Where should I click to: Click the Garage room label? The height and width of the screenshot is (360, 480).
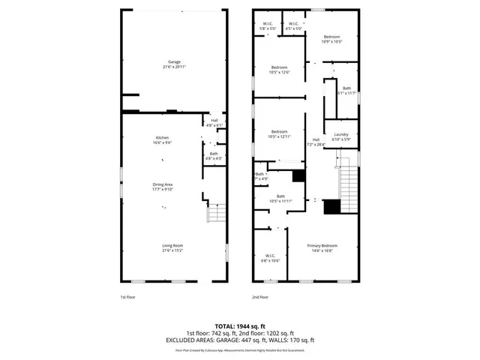click(174, 64)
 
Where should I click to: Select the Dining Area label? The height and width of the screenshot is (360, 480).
click(163, 187)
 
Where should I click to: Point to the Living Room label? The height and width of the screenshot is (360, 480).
click(173, 247)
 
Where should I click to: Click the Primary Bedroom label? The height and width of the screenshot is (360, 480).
click(322, 247)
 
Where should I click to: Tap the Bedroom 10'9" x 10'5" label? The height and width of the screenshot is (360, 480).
click(331, 39)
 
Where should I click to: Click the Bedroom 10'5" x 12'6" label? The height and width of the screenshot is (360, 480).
click(279, 70)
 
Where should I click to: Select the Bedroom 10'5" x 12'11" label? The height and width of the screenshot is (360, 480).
click(279, 134)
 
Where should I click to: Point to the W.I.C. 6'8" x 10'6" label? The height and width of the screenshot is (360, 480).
click(269, 258)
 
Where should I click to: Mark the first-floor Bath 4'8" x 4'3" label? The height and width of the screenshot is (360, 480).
click(214, 156)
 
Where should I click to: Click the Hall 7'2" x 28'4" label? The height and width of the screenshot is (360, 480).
click(316, 142)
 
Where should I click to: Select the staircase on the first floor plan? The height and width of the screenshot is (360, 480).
click(216, 214)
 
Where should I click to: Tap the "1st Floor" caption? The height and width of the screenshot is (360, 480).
click(128, 297)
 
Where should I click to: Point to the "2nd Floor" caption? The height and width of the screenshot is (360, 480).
click(260, 297)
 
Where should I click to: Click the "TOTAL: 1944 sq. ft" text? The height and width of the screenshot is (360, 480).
click(239, 326)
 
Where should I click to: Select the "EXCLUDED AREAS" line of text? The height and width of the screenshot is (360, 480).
click(239, 339)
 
